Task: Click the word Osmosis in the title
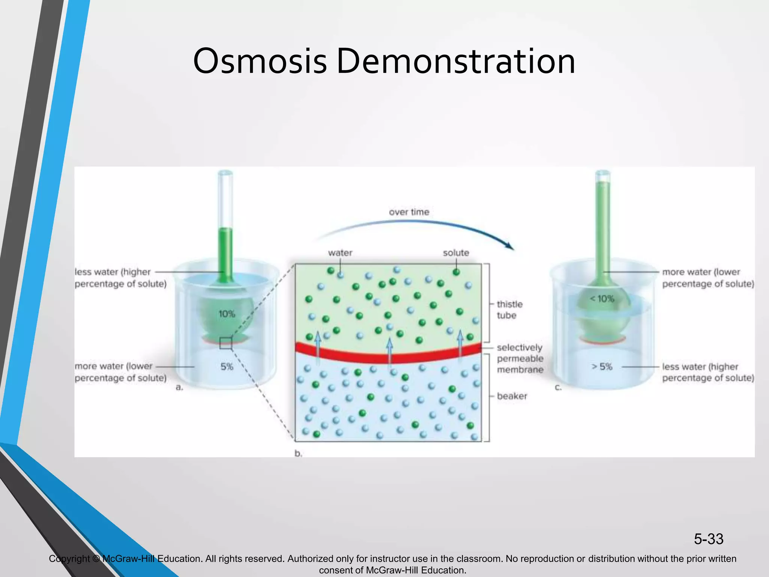[x=260, y=61]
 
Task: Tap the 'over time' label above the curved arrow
[x=409, y=212]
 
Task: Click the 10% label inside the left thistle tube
[x=227, y=314]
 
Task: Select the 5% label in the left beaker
[x=227, y=367]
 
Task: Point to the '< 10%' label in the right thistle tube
[x=602, y=299]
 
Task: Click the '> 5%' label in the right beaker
[x=602, y=367]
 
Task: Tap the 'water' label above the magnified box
[x=340, y=253]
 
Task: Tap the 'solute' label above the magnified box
[x=456, y=253]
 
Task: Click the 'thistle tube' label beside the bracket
[x=510, y=310]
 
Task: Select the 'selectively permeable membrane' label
[x=520, y=358]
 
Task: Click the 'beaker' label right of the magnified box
[x=512, y=396]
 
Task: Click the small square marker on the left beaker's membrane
[x=226, y=343]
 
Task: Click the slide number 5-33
[x=708, y=539]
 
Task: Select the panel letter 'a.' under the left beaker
[x=179, y=387]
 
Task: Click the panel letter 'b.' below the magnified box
[x=298, y=454]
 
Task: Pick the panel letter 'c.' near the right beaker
[x=558, y=387]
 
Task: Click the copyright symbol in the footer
[x=96, y=559]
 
